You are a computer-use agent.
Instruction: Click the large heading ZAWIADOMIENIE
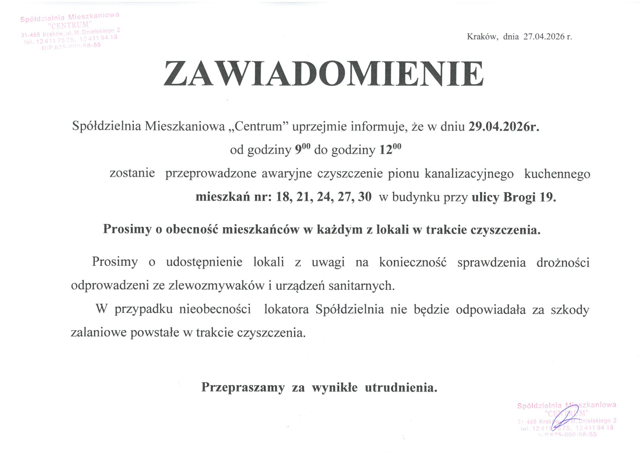tap(323, 74)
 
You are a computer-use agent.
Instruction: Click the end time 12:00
tap(390, 150)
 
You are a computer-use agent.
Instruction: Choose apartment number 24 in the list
tap(325, 197)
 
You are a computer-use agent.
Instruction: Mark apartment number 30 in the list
tap(365, 197)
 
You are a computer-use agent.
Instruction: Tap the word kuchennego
tap(557, 174)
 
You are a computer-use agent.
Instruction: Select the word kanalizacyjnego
tap(469, 174)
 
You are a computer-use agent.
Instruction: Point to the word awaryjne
tap(287, 174)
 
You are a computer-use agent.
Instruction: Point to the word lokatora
tap(286, 309)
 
